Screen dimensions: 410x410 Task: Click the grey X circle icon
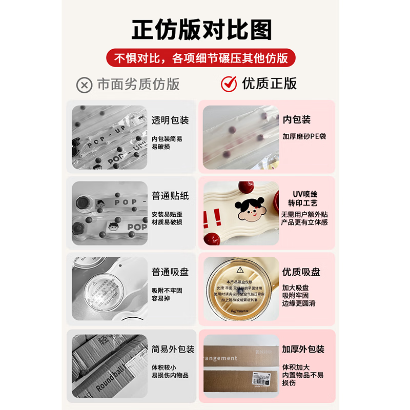[x=84, y=85]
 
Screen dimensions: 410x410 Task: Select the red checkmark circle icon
[x=229, y=84]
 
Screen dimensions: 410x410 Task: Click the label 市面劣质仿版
[x=138, y=85]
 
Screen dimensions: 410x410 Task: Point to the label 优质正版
[x=270, y=84]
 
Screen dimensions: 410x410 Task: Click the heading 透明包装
[x=170, y=120]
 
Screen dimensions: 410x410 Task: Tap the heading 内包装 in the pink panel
[x=297, y=119]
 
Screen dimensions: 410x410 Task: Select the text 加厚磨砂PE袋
[x=304, y=136]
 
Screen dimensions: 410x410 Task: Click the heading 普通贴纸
[x=170, y=196]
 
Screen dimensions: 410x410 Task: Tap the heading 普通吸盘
[x=170, y=272]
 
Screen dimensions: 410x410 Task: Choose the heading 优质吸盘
[x=301, y=272]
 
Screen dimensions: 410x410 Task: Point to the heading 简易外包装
[x=173, y=349]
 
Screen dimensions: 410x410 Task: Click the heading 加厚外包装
[x=303, y=349]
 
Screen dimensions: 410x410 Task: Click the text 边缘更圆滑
[x=299, y=303]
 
